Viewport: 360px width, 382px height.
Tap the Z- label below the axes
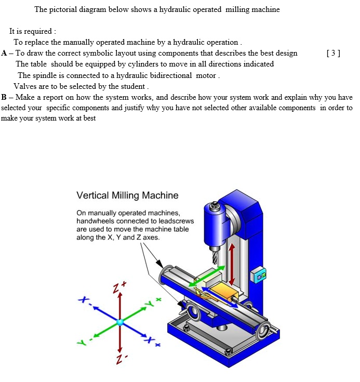click(x=120, y=360)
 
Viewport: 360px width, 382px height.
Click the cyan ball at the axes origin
click(x=120, y=323)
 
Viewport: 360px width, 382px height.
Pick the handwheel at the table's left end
click(x=168, y=273)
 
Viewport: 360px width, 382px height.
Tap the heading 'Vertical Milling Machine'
click(x=127, y=196)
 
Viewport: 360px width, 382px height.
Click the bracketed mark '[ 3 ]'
click(x=333, y=53)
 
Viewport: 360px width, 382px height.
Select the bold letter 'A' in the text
click(x=5, y=53)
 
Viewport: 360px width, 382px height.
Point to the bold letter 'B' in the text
click(x=4, y=97)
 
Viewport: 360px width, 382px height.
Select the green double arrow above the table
click(x=207, y=276)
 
